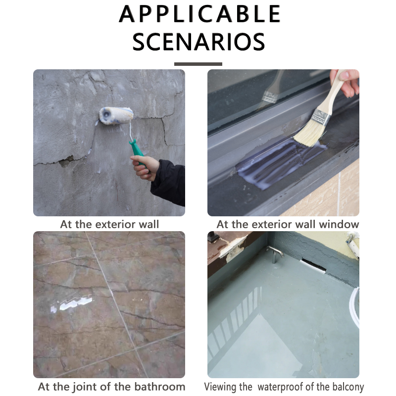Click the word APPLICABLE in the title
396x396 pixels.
199,14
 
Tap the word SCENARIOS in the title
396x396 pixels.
199,42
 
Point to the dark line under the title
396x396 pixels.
198,64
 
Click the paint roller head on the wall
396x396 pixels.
116,115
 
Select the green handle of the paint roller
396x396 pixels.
137,151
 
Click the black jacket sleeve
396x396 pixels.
168,182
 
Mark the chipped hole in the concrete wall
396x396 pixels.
66,162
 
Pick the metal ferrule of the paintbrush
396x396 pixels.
321,116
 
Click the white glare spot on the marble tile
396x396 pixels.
72,303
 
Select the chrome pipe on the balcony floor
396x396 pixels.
275,253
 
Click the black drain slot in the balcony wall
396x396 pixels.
313,266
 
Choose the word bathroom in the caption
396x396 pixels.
159,387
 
